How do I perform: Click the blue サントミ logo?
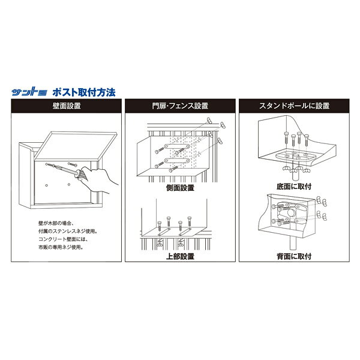[x=29, y=92]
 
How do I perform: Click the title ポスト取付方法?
[x=84, y=92]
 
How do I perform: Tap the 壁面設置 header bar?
[x=67, y=106]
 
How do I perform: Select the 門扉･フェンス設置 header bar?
[x=180, y=106]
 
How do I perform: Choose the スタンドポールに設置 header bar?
[x=294, y=106]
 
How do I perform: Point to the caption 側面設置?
[x=180, y=188]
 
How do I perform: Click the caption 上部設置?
[x=180, y=256]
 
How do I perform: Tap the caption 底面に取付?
[x=294, y=186]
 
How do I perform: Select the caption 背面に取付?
[x=294, y=256]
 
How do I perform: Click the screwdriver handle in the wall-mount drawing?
[x=82, y=175]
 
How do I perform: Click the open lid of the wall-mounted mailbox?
[x=76, y=145]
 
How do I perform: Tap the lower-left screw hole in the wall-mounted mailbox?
[x=47, y=185]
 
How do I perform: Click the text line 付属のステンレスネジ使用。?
[x=68, y=231]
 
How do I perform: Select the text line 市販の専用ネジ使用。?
[x=61, y=247]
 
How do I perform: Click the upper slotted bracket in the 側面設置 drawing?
[x=177, y=146]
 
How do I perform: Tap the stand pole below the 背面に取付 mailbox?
[x=293, y=243]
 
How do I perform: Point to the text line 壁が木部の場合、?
[x=56, y=223]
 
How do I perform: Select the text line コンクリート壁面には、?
[x=64, y=239]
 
